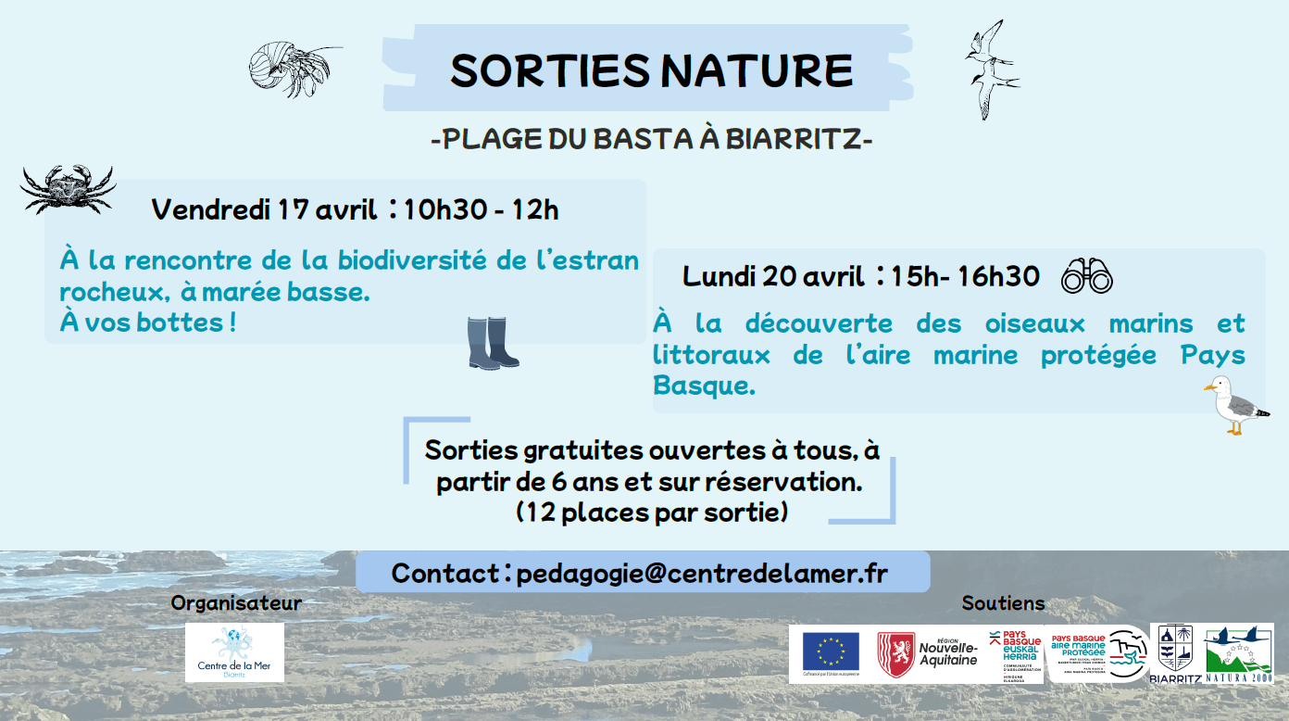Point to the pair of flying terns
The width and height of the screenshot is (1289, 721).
tap(989, 70)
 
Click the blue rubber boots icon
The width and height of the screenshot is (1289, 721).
tap(492, 343)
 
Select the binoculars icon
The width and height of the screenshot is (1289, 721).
tap(1086, 276)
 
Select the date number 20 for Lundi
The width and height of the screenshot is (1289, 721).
tap(780, 276)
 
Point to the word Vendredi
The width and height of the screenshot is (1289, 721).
tap(210, 209)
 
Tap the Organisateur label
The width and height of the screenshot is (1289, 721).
tap(236, 603)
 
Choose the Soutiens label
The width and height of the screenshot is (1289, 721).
tap(1003, 603)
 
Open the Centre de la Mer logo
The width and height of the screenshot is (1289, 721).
tap(234, 652)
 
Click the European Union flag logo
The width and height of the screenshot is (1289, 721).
tap(830, 653)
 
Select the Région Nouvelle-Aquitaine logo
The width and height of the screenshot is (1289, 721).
tap(929, 653)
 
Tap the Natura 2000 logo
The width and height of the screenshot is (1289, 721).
tap(1238, 653)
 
